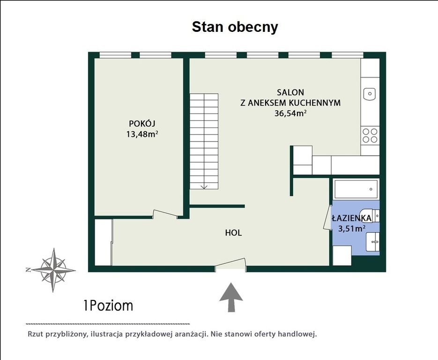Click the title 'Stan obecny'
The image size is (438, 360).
[235, 27]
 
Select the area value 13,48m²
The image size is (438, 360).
[142, 134]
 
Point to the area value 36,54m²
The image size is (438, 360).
[290, 113]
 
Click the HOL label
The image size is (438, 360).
[234, 232]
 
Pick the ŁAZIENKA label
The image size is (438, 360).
[352, 218]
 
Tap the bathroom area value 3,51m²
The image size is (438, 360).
[352, 229]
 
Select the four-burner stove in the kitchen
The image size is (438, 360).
[370, 135]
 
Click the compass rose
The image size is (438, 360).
[53, 270]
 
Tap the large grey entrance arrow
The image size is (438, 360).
[231, 297]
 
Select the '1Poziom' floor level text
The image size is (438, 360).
[108, 306]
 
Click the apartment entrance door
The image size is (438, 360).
[230, 263]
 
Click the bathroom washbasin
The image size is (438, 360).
[372, 242]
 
